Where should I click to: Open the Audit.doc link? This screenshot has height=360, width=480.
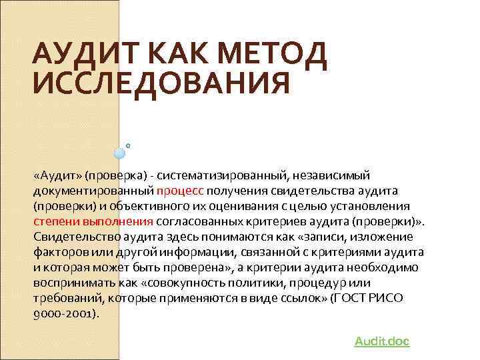(x=381, y=341)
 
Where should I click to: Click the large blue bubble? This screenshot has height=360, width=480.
(x=120, y=153)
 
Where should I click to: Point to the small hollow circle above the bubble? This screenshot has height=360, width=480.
(x=128, y=144)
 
